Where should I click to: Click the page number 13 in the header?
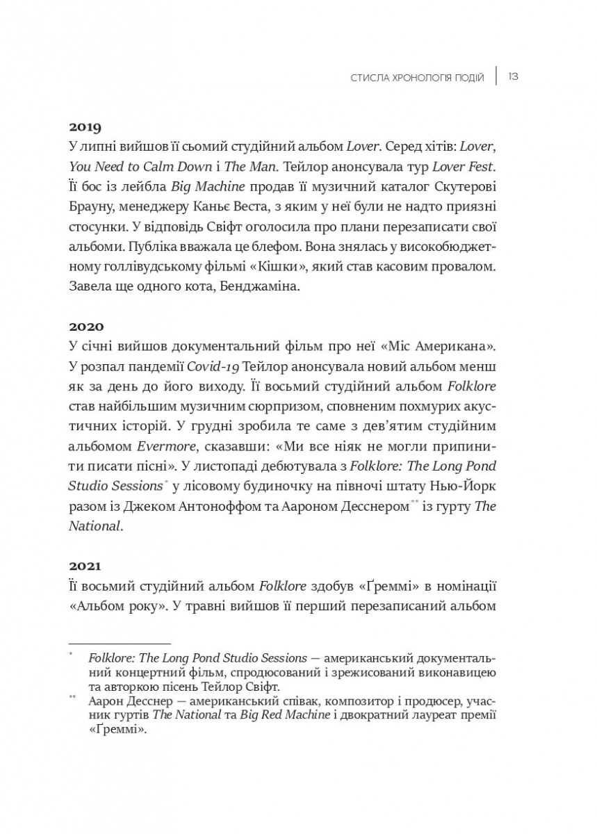click(x=513, y=76)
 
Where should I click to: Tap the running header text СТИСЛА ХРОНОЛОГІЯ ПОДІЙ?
click(x=418, y=76)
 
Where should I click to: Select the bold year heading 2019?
click(x=85, y=127)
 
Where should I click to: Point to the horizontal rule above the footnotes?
click(x=120, y=644)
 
